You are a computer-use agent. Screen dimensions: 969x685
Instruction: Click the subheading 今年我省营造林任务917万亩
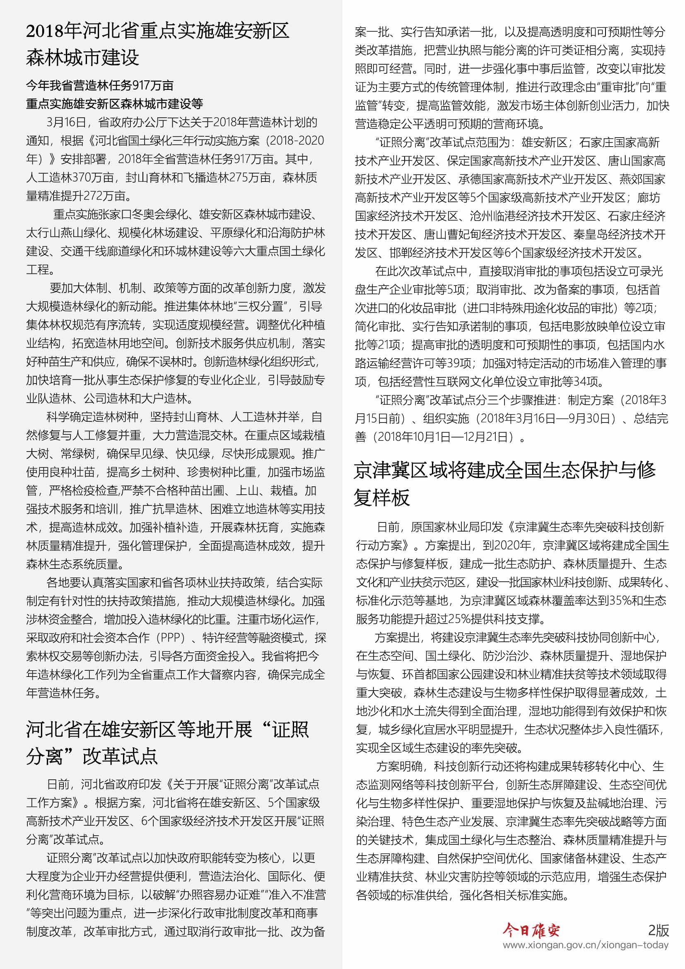(x=99, y=86)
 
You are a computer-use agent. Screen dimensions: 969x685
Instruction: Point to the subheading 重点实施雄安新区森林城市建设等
(x=114, y=104)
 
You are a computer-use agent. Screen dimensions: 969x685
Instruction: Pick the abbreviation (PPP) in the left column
(x=170, y=638)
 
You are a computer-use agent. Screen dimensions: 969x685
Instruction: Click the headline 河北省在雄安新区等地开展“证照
(x=167, y=729)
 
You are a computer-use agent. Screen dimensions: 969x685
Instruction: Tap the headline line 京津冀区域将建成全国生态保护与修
(x=504, y=470)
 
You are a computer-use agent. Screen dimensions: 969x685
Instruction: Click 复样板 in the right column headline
(x=382, y=497)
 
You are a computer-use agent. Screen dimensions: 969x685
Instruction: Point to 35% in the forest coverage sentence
(x=622, y=601)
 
